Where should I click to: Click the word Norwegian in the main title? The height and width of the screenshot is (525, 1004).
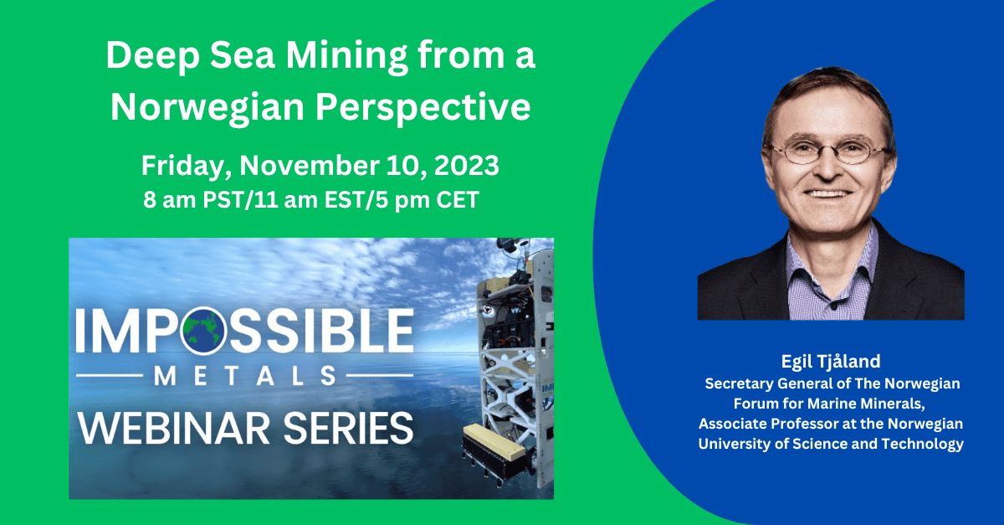point(207,108)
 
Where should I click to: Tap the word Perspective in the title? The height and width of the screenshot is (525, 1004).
point(423,108)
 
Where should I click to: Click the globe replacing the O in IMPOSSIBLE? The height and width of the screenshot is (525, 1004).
point(203,331)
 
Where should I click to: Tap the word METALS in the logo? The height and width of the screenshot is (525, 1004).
point(244,376)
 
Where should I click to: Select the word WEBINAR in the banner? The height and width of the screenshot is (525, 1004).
point(174,428)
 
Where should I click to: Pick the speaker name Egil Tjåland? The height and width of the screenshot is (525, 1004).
point(831,362)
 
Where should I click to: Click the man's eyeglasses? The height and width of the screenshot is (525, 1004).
point(829,152)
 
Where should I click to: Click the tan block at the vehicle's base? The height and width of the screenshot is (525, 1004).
point(494,442)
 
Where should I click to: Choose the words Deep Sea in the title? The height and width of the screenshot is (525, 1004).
point(191,55)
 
